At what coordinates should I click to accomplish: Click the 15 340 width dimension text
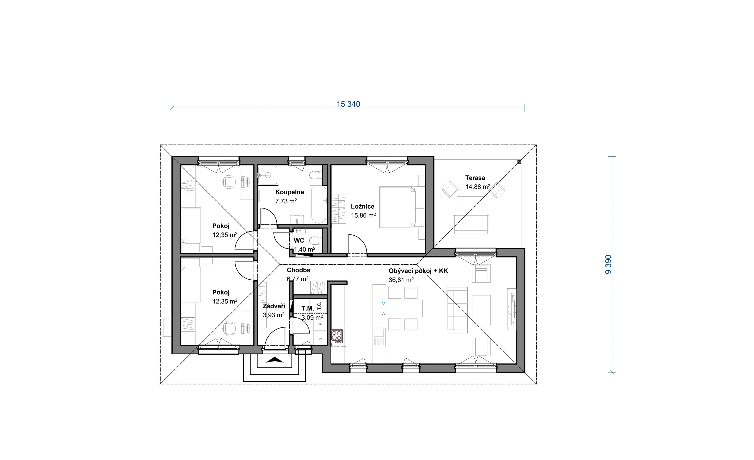coord(348,104)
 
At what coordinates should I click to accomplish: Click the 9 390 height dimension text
coord(608,265)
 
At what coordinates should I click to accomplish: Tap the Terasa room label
coord(475,178)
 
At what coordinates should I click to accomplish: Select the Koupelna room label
coord(289,192)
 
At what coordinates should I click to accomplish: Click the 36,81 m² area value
coord(401,280)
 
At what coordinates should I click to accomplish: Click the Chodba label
coord(298,270)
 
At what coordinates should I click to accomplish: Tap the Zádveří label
coord(274,306)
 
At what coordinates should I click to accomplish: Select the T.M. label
coord(308,309)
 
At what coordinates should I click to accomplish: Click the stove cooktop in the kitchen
coord(337,336)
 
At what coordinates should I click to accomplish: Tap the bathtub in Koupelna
coord(319,205)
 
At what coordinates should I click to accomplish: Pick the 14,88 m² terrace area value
coord(478,186)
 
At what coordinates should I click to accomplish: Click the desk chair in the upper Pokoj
coord(229,182)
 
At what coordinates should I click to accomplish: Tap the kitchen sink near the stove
coord(379,337)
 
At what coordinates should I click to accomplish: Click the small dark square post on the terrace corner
coord(519,162)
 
